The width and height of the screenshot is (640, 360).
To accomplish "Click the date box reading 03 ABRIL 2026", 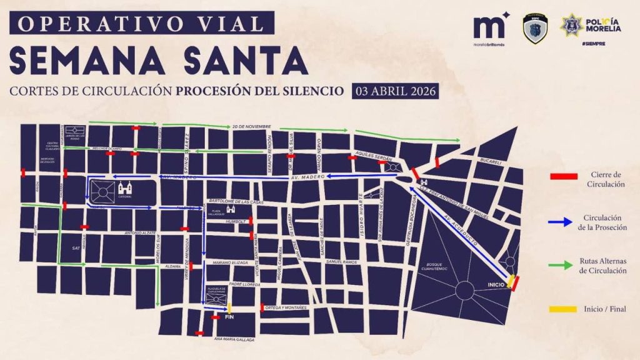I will tap(394, 90).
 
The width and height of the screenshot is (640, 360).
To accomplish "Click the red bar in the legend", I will tap(563, 177).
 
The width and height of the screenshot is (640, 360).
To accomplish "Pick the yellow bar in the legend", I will tap(563, 309).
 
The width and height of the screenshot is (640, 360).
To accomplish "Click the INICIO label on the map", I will tap(494, 286).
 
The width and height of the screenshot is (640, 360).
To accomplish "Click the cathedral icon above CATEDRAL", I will tap(125, 187).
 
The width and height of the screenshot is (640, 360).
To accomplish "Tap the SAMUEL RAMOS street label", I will tap(341, 261).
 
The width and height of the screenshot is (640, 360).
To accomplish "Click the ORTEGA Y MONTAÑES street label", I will tap(286, 307).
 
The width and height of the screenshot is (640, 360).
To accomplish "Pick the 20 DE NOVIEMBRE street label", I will tap(252, 127).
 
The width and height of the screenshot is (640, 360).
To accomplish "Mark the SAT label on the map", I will tap(76, 248).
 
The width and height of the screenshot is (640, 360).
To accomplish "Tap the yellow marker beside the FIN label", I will tap(229, 307).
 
